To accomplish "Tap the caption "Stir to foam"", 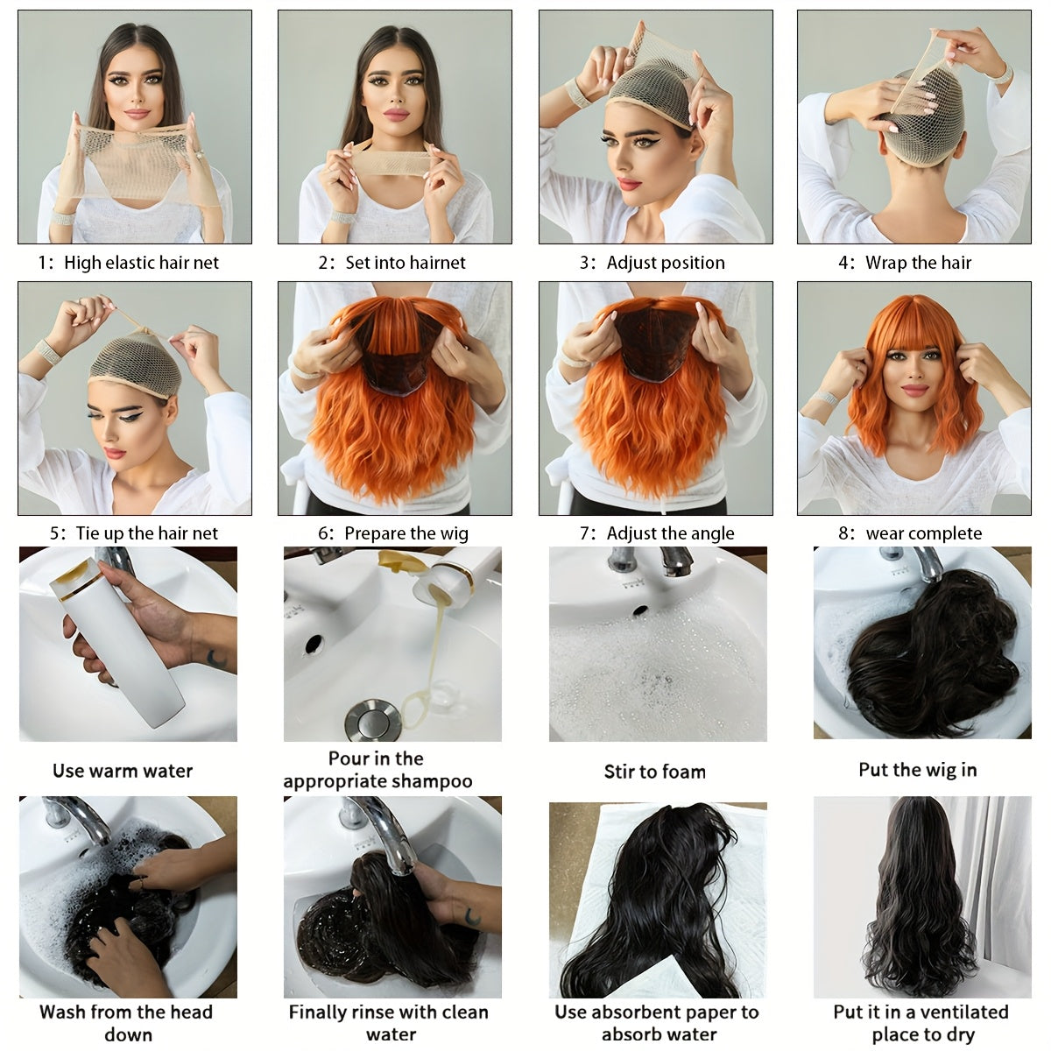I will (654, 772).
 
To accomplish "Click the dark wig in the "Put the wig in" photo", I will (928, 648).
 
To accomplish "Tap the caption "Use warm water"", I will (123, 772).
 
